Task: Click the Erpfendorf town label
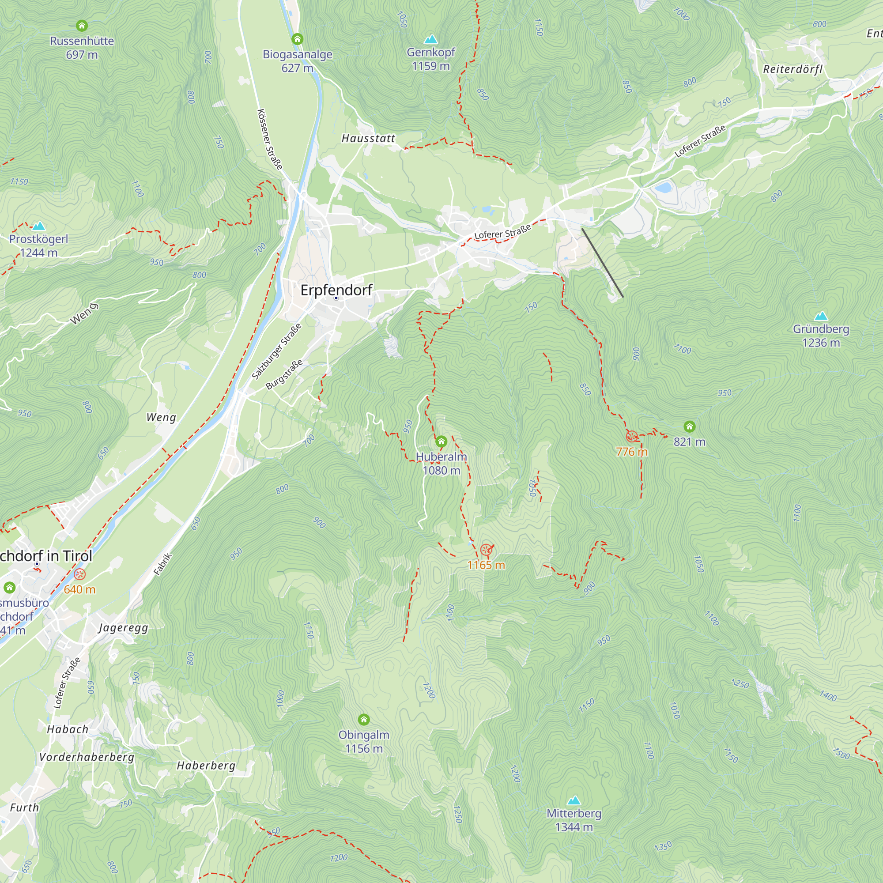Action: (x=336, y=290)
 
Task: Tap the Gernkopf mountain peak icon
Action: (x=430, y=39)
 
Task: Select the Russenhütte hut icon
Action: (x=82, y=25)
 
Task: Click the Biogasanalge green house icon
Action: (x=298, y=39)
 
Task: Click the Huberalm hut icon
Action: (x=441, y=441)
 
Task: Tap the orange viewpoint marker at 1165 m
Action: (x=486, y=549)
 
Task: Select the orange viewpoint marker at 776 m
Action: (x=632, y=437)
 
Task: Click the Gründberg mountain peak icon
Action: (x=821, y=316)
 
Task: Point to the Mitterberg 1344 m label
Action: (x=574, y=820)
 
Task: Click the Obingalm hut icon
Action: (x=364, y=720)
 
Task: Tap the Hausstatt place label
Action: (x=368, y=139)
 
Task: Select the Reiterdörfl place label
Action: (x=793, y=69)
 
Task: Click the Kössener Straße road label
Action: (x=270, y=139)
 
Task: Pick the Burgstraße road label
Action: (x=284, y=374)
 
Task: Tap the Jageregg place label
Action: (x=124, y=627)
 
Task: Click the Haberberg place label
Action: (x=206, y=766)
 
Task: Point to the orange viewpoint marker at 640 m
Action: (x=80, y=574)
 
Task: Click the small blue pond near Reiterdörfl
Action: (x=663, y=187)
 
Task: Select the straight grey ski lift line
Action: (x=602, y=263)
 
